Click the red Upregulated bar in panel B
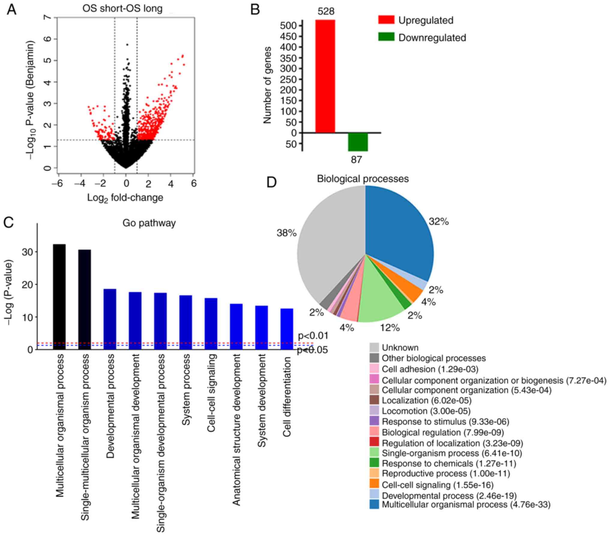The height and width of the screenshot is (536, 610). [325, 76]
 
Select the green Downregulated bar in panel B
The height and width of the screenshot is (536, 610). [358, 142]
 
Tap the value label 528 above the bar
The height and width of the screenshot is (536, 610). [326, 12]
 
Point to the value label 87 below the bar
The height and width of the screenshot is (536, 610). [356, 159]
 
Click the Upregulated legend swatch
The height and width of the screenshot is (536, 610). [386, 20]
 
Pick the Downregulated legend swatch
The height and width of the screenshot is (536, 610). [386, 37]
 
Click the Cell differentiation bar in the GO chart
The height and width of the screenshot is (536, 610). [287, 329]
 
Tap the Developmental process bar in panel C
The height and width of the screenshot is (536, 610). [110, 319]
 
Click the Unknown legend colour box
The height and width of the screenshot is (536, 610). [374, 348]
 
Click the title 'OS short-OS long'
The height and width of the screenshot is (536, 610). [122, 8]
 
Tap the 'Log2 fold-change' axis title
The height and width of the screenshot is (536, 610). [125, 198]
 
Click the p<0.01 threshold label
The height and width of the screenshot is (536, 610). [313, 336]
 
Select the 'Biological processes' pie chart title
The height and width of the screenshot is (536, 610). [363, 179]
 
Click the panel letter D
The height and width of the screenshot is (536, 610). [271, 182]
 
